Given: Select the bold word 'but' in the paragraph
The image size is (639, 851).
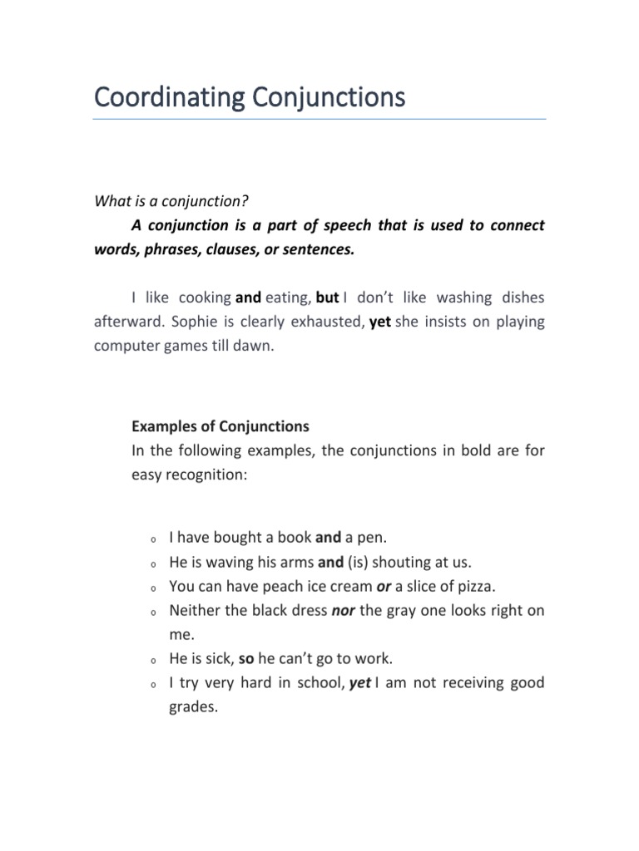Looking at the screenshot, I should tap(327, 297).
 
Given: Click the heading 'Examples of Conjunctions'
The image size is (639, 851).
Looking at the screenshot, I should tap(220, 426).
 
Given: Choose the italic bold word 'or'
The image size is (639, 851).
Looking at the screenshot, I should tap(384, 586).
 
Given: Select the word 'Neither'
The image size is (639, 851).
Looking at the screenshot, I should tap(195, 610).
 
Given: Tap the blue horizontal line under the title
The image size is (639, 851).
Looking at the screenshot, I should tap(319, 120).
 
